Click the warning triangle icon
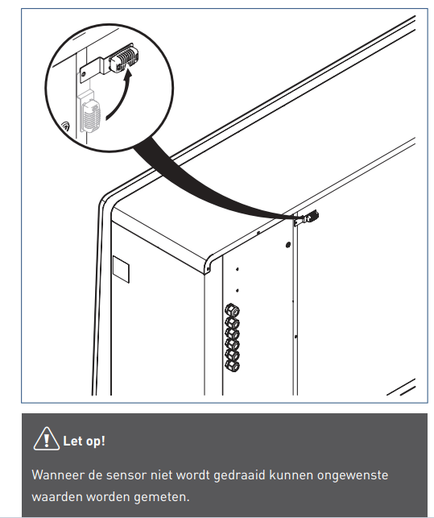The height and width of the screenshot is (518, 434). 47,439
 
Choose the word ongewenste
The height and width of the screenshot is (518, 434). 353,476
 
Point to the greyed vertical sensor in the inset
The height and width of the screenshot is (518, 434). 90,114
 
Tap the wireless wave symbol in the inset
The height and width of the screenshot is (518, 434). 66,126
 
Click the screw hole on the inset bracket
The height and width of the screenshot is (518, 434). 85,74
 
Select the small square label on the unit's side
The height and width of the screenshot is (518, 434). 121,269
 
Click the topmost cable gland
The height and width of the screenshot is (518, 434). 232,311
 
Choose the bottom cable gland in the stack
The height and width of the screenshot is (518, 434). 232,366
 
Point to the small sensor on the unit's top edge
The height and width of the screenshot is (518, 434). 311,217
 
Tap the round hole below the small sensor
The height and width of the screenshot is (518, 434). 288,245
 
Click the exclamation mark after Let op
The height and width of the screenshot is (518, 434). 103,441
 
